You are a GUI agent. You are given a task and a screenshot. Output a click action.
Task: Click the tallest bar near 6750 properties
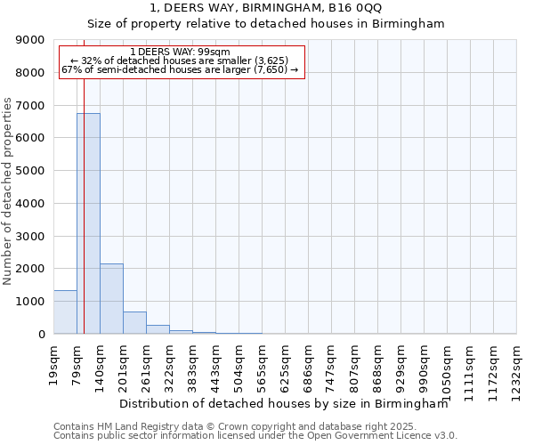point(88,223)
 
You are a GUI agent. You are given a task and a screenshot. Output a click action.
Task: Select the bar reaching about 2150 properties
point(111,299)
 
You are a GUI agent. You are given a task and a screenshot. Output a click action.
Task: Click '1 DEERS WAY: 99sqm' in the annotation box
point(180,52)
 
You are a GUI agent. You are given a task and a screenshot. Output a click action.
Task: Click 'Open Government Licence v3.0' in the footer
point(383,436)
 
